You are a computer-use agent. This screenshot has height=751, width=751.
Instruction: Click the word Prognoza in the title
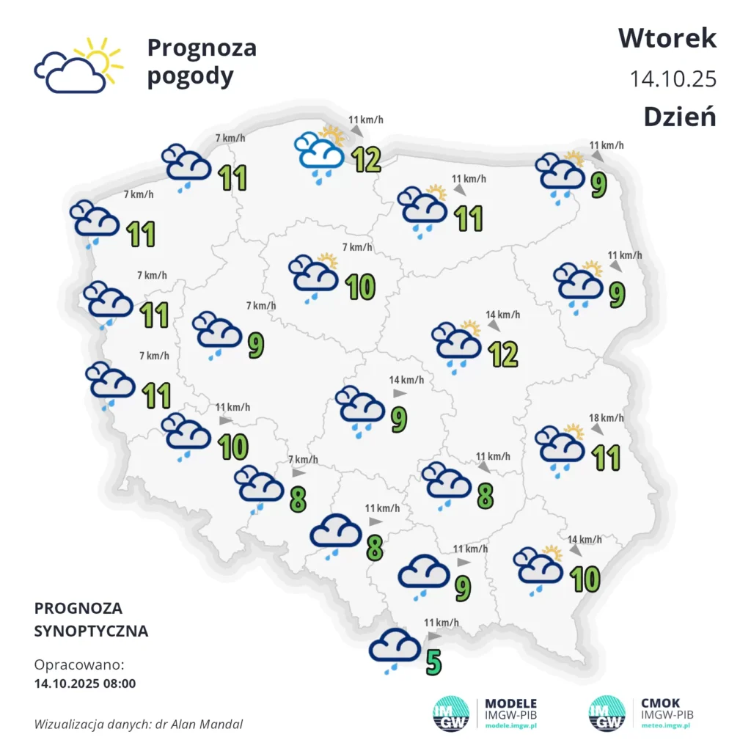[202, 48]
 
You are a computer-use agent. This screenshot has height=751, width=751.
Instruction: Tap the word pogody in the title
[190, 76]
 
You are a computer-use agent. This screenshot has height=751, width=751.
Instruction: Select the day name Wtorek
[667, 37]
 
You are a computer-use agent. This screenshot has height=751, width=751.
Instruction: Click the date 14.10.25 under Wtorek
[673, 78]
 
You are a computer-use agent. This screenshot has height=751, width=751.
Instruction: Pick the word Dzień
[679, 117]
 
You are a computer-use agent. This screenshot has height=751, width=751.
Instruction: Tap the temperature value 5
[434, 662]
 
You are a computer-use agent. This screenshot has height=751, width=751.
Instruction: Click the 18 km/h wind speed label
[607, 418]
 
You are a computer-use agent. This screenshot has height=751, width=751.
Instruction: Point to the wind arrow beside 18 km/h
[597, 428]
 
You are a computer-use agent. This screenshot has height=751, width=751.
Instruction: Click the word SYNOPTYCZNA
[91, 631]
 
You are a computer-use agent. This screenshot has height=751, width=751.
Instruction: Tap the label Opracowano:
[79, 665]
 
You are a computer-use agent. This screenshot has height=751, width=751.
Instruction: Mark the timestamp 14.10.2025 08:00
[85, 684]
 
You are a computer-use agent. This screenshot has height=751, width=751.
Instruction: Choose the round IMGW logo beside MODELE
[451, 713]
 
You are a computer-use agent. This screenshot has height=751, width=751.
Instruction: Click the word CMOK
[660, 703]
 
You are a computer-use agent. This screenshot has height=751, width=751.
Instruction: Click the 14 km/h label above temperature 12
[503, 315]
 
